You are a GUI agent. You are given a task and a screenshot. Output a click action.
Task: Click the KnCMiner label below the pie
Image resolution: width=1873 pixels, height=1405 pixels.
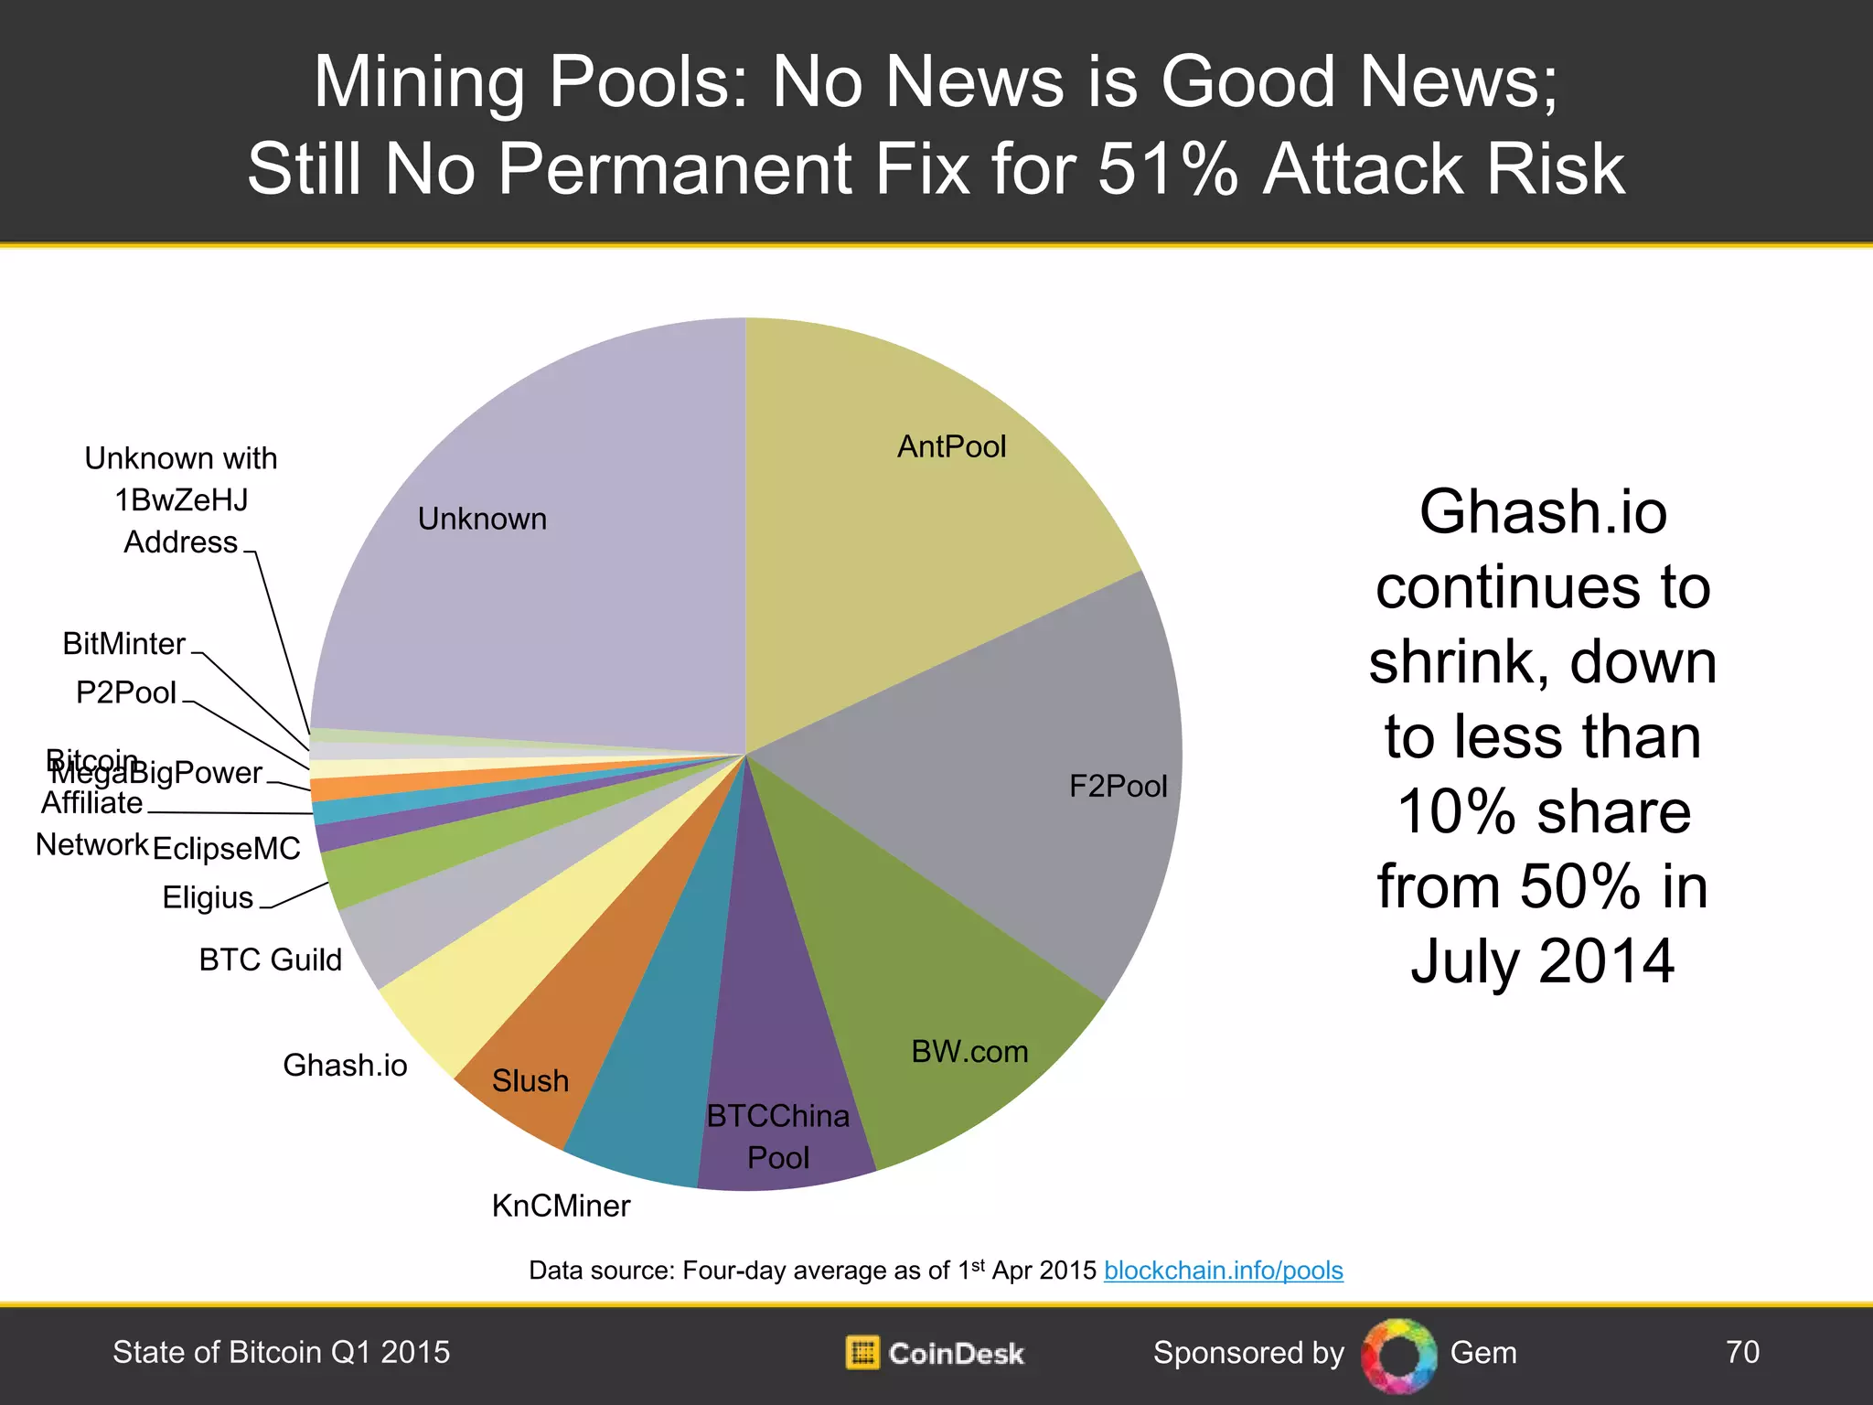pyautogui.click(x=561, y=1206)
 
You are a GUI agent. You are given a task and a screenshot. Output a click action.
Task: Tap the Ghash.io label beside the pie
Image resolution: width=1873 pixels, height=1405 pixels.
pyautogui.click(x=345, y=1066)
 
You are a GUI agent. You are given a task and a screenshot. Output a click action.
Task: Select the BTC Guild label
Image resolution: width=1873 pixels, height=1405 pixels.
pyautogui.click(x=270, y=960)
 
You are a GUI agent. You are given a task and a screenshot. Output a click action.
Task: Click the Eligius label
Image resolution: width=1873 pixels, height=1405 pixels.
pyautogui.click(x=208, y=897)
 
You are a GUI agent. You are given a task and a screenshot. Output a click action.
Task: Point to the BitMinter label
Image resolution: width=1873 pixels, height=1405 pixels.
pyautogui.click(x=123, y=644)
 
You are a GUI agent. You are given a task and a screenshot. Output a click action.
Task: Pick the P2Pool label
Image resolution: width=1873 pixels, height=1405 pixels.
pyautogui.click(x=125, y=692)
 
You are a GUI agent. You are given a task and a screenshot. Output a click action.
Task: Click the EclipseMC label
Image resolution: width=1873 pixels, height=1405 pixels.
pyautogui.click(x=226, y=849)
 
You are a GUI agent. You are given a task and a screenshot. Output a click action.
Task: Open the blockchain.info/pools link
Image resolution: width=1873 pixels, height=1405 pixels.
pyautogui.click(x=1223, y=1271)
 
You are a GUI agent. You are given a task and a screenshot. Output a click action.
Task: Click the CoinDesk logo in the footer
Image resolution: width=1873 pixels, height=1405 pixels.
pyautogui.click(x=935, y=1353)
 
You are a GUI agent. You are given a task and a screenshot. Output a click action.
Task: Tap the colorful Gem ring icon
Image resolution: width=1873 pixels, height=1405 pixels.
pyautogui.click(x=1397, y=1355)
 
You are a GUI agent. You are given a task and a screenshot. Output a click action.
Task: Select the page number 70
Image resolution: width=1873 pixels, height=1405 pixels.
pyautogui.click(x=1741, y=1352)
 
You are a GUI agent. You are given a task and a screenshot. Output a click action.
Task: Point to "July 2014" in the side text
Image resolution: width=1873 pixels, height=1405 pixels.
pyautogui.click(x=1542, y=961)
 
